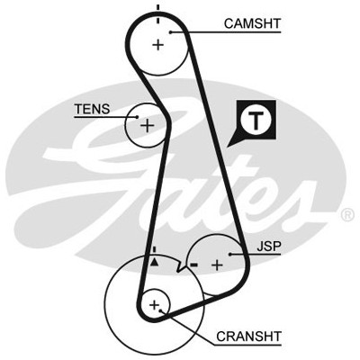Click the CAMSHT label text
click(252, 23)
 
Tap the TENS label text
click(93, 109)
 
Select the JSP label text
click(269, 247)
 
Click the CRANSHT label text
click(248, 337)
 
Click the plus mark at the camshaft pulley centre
click(158, 45)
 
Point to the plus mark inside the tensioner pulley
click(147, 125)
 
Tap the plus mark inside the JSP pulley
click(217, 265)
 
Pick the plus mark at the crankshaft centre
click(155, 305)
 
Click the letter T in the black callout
click(256, 120)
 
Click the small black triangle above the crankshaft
click(154, 262)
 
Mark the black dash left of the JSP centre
click(193, 265)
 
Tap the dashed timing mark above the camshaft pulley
click(158, 14)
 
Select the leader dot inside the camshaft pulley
click(171, 32)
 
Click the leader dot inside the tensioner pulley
click(138, 117)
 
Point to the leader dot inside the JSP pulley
click(230, 255)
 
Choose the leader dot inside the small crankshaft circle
click(161, 310)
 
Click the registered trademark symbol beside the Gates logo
click(347, 215)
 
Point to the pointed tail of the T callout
click(228, 147)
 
